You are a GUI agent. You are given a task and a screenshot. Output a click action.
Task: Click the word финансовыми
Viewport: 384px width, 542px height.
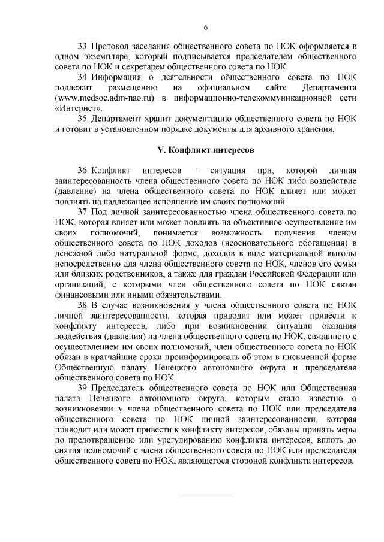pyautogui.click(x=80, y=295)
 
